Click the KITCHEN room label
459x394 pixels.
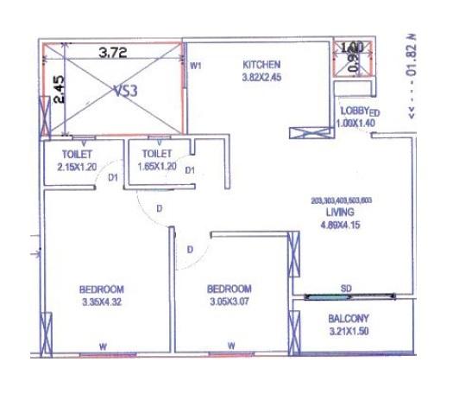click(261, 65)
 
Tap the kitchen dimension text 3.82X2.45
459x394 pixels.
click(261, 76)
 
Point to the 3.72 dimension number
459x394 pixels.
click(112, 53)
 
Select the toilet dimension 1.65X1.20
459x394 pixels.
click(154, 164)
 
